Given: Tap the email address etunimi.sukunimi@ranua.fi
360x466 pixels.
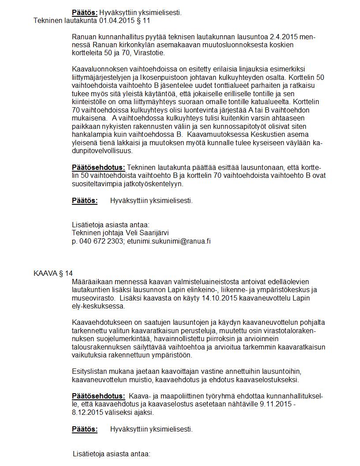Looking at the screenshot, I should tap(169, 241).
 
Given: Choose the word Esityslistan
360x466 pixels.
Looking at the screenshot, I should tap(90, 371).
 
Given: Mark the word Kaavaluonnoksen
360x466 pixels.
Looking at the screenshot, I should tap(99, 69).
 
